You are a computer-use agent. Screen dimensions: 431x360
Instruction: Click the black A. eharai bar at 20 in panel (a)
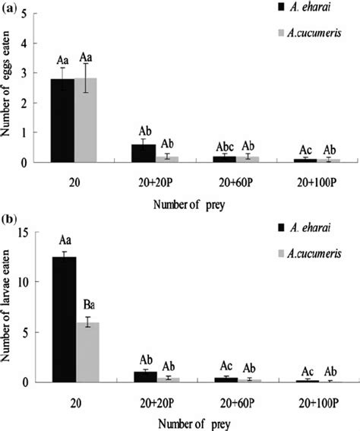coord(62,121)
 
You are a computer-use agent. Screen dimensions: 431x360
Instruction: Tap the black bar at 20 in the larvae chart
coord(62,319)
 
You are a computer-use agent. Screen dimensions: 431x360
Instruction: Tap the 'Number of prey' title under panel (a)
coord(181,204)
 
